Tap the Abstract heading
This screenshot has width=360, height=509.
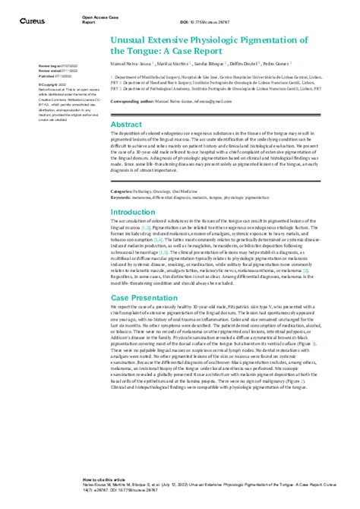[x=126, y=123]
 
